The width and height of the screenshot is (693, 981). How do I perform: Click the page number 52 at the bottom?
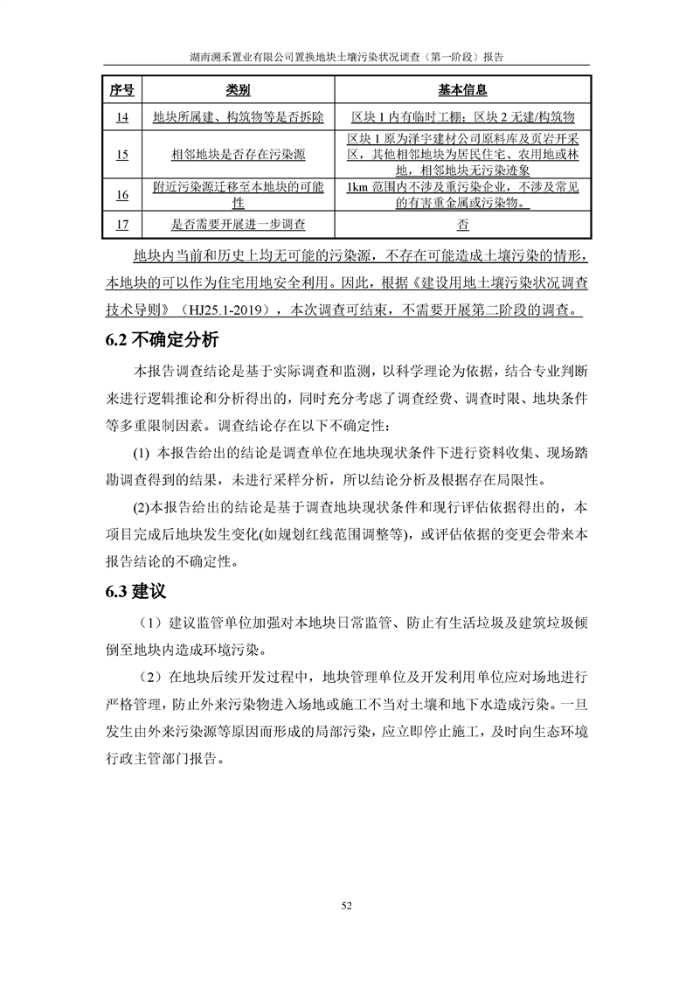coord(346,905)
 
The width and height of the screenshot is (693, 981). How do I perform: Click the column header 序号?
coord(121,90)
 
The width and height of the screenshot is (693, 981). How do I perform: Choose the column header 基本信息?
coord(461,90)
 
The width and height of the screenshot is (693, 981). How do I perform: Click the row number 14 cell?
coord(121,116)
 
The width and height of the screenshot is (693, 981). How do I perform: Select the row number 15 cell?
coord(121,154)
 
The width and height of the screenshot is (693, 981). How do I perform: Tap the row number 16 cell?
coord(121,194)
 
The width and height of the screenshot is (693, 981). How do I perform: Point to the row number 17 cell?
coord(121,224)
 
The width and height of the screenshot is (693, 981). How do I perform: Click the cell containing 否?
coord(461,224)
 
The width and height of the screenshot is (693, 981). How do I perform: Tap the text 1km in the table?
coord(358,187)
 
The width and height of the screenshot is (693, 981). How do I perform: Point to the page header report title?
coord(346,54)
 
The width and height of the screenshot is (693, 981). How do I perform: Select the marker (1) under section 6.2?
coord(142,453)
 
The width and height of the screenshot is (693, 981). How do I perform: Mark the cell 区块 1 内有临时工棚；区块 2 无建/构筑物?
coord(461,116)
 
